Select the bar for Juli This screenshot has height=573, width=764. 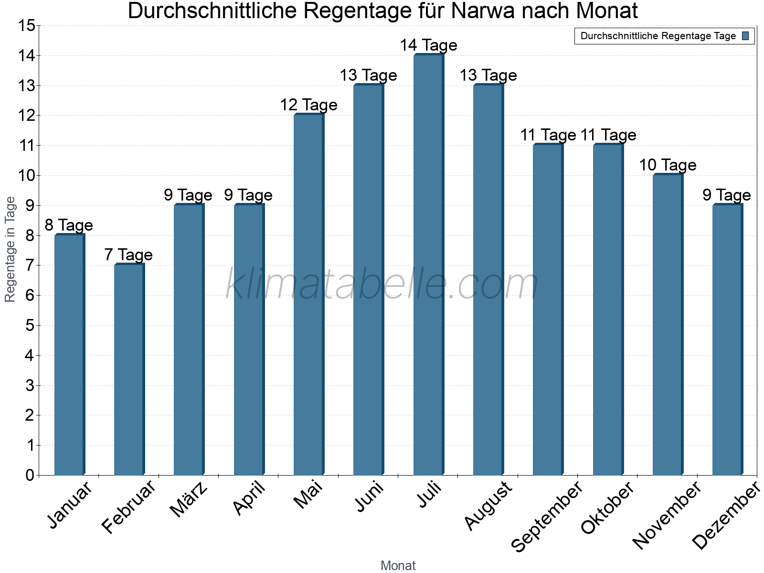[428, 265]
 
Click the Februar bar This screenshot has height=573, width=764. [129, 370]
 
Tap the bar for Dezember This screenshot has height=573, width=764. [727, 340]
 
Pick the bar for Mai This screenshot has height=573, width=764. [308, 295]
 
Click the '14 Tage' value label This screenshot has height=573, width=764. [428, 45]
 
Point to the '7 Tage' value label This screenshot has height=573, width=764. [128, 255]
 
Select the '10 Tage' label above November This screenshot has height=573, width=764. [668, 165]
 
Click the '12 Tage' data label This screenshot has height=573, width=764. [308, 105]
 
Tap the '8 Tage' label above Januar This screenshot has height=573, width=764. [69, 225]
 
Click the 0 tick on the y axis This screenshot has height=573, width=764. [30, 475]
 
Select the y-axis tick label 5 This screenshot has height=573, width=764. [30, 326]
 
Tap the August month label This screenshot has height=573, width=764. [488, 506]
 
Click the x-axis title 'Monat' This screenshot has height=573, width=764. [398, 566]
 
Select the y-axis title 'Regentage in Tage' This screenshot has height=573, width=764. [11, 249]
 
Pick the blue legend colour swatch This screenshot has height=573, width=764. [745, 36]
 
